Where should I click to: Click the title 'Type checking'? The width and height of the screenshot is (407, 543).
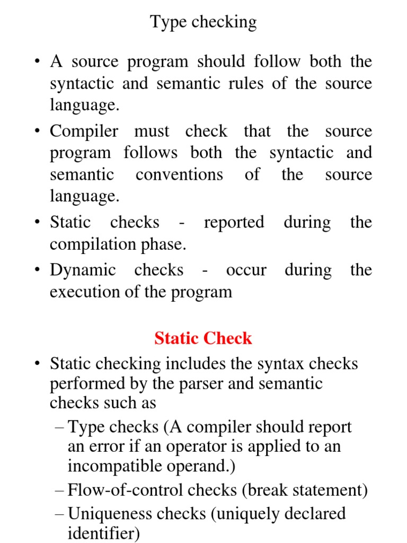tap(203, 22)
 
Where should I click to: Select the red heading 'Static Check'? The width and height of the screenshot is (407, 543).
tap(203, 338)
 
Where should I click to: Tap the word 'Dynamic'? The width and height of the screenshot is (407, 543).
tap(83, 270)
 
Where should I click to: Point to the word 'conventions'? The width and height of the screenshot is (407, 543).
tap(179, 174)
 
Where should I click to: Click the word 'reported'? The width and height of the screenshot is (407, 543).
tap(234, 222)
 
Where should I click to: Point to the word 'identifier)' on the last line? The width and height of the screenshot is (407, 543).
tap(104, 533)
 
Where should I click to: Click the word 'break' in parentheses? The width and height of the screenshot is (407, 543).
tap(266, 490)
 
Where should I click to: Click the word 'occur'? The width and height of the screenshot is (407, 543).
tap(246, 270)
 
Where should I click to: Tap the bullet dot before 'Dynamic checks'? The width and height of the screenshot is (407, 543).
tap(38, 270)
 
